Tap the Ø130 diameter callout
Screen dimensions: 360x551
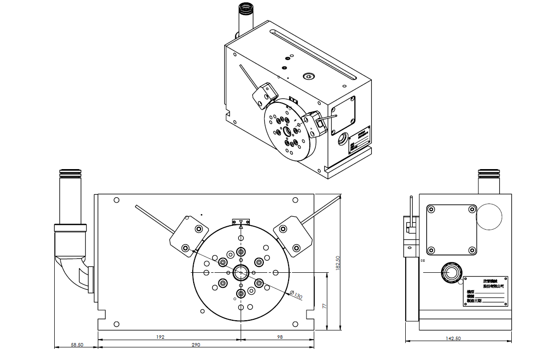296,294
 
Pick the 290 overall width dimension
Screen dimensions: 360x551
195,344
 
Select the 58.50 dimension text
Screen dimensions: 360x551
77,344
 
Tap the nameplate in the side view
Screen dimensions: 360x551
486,291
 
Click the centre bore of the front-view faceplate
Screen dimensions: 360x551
241,273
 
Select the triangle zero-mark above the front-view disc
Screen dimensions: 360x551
241,221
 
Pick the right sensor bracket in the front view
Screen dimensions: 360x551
292,236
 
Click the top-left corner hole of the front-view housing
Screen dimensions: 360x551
116,200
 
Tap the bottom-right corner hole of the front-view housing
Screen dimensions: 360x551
295,324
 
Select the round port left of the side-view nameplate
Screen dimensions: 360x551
451,272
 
